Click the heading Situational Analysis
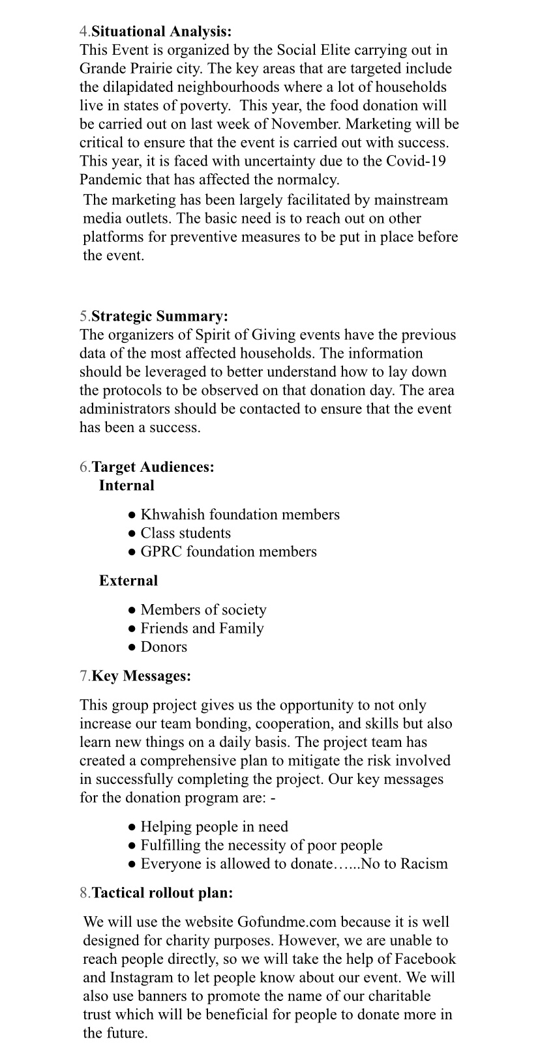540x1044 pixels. (x=162, y=31)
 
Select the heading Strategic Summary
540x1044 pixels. (x=160, y=317)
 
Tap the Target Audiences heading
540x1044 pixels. (x=153, y=467)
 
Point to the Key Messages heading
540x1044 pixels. (x=142, y=676)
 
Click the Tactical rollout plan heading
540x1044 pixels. (x=162, y=893)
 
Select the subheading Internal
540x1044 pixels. (x=127, y=486)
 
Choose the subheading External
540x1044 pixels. (x=128, y=581)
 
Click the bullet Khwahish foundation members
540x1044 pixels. (x=240, y=515)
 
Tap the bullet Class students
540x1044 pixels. (x=186, y=533)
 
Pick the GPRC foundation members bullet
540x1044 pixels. (x=228, y=551)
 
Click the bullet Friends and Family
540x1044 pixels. (x=202, y=628)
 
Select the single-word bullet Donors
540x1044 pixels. (x=164, y=646)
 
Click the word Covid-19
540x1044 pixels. (x=416, y=161)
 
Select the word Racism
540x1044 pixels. (x=424, y=864)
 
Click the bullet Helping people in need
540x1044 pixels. (x=214, y=827)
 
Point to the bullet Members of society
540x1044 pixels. (x=203, y=610)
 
